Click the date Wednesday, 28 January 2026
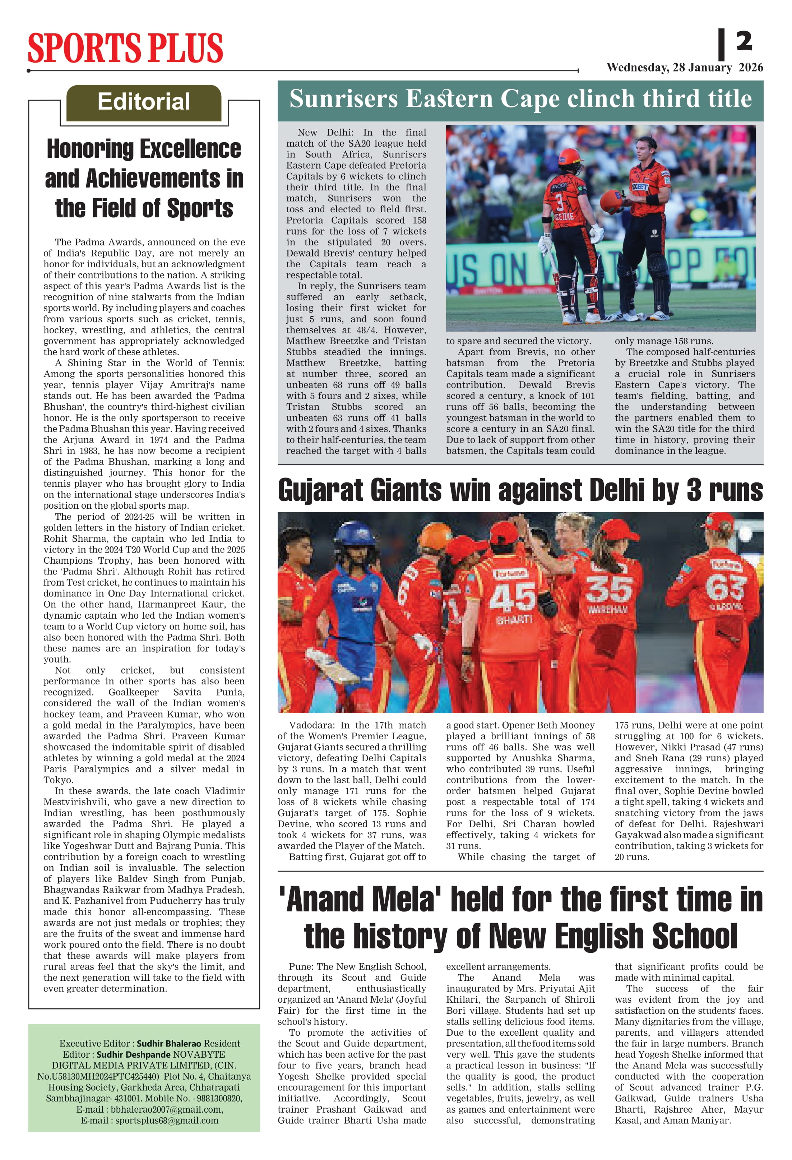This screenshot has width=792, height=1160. coord(684,68)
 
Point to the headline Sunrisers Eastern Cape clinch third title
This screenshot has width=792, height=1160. coord(520,98)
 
